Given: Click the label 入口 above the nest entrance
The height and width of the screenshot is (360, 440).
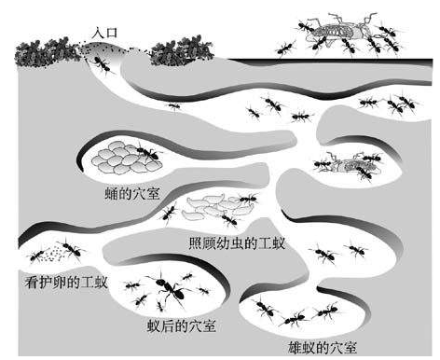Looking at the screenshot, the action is [104, 33].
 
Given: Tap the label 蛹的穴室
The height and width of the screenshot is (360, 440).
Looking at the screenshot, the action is [132, 194].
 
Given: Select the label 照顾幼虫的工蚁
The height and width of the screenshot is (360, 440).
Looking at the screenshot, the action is [237, 242].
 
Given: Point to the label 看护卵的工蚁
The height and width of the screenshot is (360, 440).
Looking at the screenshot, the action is [66, 283].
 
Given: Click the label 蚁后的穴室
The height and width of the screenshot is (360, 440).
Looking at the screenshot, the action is [182, 326].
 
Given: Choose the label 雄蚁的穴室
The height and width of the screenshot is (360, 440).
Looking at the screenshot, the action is [323, 348].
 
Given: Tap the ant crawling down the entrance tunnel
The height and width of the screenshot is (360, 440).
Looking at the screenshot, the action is [102, 64].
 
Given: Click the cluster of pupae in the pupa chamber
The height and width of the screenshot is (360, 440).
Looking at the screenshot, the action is [126, 158].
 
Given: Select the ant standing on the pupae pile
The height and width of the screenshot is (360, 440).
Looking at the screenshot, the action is [148, 152].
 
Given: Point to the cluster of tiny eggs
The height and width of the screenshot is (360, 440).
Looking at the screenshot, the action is [53, 253].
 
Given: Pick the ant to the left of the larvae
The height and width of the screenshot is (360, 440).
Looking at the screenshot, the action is [169, 214].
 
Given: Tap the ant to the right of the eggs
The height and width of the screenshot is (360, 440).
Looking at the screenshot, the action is [71, 248].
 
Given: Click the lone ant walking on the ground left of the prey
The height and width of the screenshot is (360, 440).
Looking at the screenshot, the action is [285, 48].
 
